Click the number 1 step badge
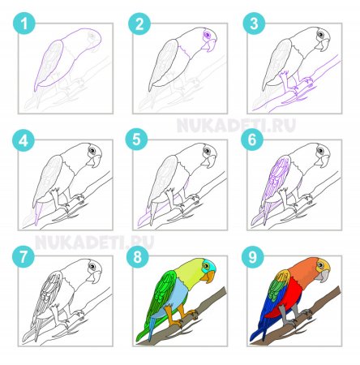24,24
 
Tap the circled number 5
136,140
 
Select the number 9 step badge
253,256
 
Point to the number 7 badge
24,256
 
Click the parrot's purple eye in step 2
207,35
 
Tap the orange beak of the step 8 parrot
209,277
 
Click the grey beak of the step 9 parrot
324,277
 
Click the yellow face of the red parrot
323,265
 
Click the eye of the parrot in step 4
92,150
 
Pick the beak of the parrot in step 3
324,45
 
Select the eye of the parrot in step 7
92,267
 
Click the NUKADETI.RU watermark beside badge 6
236,125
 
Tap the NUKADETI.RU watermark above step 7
94,243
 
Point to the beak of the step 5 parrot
210,161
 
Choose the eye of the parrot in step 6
321,150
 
